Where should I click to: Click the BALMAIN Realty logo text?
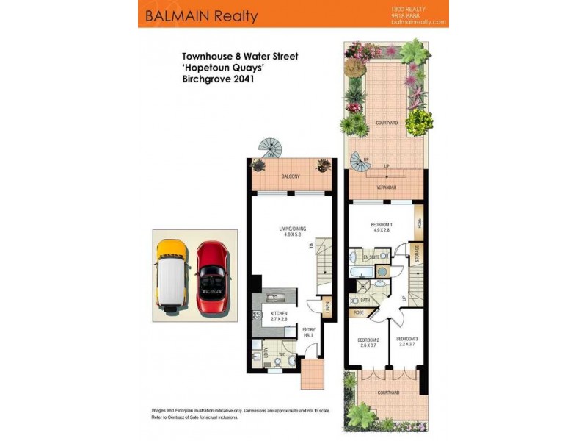pyautogui.click(x=202, y=15)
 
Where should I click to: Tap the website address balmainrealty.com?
pyautogui.click(x=419, y=22)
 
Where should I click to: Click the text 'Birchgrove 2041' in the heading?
pyautogui.click(x=218, y=79)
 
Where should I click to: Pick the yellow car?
pyautogui.click(x=170, y=273)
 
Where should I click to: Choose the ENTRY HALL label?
pyautogui.click(x=309, y=332)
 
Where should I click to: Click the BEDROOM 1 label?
pyautogui.click(x=382, y=224)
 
